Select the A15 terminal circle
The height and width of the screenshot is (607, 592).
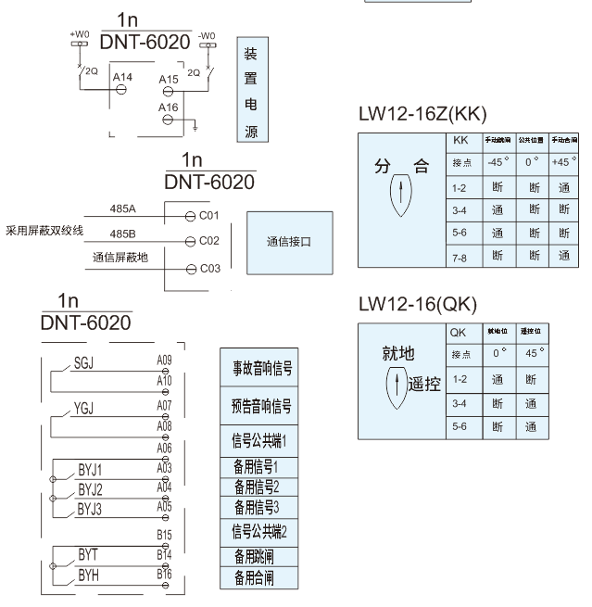click(169, 91)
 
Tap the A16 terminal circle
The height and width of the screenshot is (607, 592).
click(169, 118)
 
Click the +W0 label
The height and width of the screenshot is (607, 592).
click(80, 33)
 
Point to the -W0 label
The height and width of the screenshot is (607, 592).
click(206, 34)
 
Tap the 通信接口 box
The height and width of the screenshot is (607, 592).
click(288, 241)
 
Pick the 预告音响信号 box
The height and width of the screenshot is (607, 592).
click(261, 405)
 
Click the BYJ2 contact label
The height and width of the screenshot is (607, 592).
click(91, 488)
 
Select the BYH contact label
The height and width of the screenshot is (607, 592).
click(89, 575)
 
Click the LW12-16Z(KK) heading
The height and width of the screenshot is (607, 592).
click(422, 115)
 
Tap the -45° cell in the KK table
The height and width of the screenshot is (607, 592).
click(498, 161)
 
